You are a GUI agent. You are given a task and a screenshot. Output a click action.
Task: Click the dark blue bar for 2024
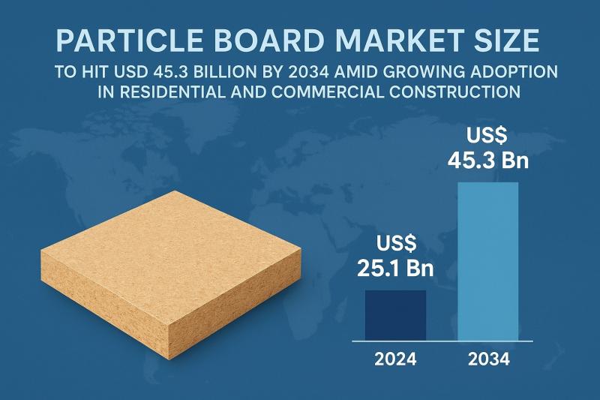tap(395, 314)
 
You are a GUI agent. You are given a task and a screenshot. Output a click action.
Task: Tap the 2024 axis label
tap(395, 359)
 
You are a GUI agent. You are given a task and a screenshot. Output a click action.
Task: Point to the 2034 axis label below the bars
tap(487, 359)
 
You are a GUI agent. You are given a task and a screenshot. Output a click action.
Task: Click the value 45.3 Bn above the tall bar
tap(487, 161)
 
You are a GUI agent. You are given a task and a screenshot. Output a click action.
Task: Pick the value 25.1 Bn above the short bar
tap(395, 268)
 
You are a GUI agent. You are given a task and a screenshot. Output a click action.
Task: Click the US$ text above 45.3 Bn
tap(487, 135)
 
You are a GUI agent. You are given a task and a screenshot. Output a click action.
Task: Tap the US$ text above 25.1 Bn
tap(395, 243)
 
